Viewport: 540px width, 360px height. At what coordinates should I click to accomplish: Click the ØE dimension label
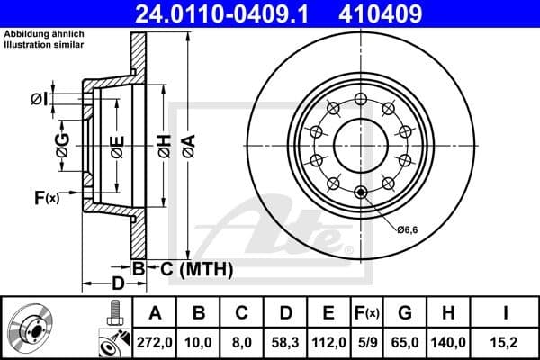tap(117, 144)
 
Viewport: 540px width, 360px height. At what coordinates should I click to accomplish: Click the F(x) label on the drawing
tap(46, 197)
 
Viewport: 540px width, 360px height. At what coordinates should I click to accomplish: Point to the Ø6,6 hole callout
tap(409, 229)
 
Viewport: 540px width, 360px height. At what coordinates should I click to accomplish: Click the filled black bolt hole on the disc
tap(362, 191)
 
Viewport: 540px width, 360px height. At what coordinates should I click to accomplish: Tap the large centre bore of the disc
tap(361, 144)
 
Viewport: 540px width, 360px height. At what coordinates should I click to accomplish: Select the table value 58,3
tap(285, 342)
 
